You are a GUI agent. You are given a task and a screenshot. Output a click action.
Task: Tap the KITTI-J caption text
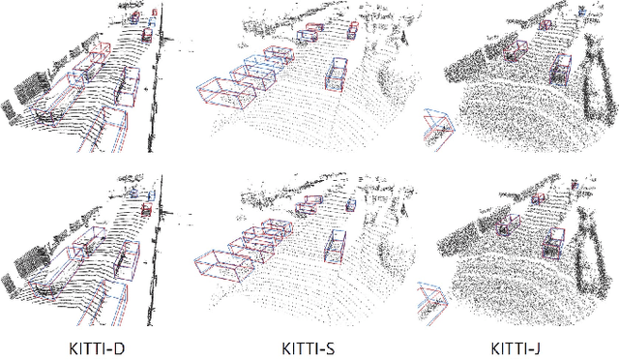tap(523, 345)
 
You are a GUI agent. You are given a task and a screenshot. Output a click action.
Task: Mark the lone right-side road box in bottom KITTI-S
tap(334, 246)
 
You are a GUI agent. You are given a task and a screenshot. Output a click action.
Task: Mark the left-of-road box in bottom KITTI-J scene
tap(504, 225)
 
